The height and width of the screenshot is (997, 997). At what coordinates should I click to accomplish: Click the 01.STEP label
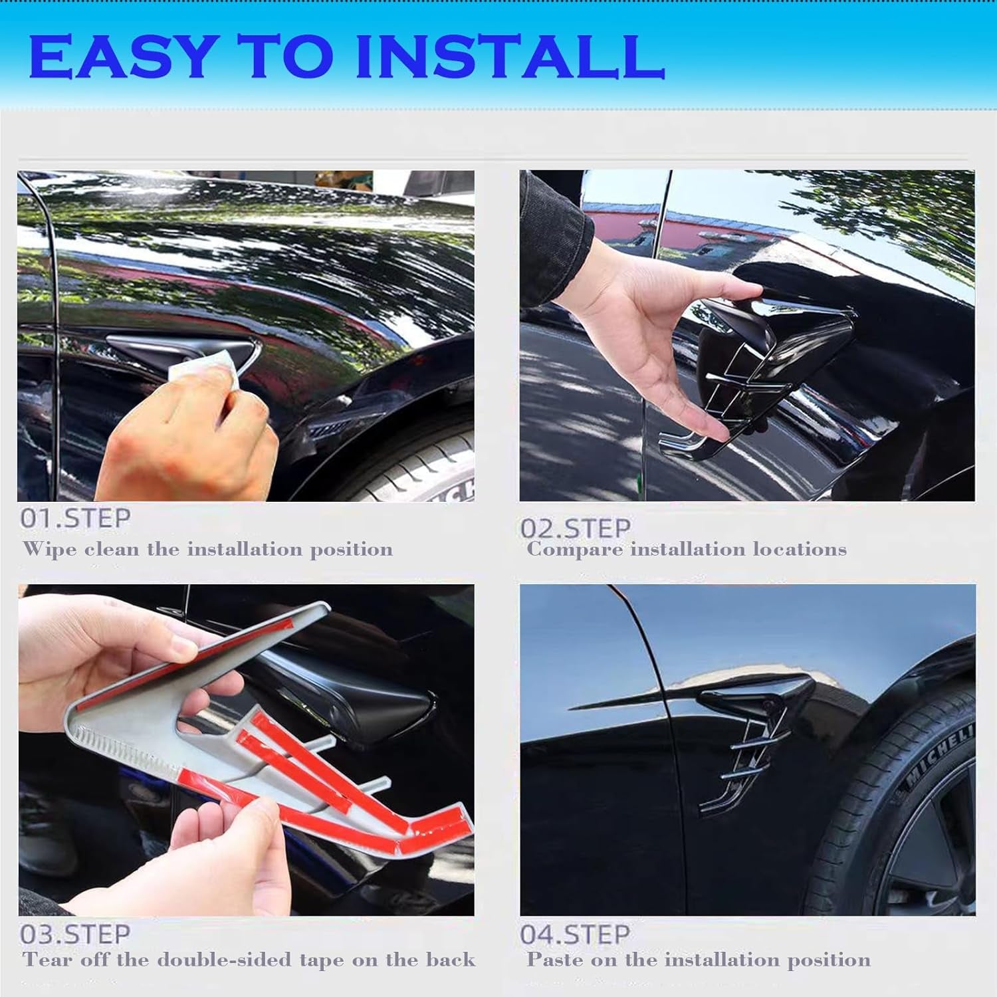75,518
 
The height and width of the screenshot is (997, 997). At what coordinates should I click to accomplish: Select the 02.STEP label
575,528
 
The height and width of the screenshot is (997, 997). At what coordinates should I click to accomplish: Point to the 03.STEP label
75,935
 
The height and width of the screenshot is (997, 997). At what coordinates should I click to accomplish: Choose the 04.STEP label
575,935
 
